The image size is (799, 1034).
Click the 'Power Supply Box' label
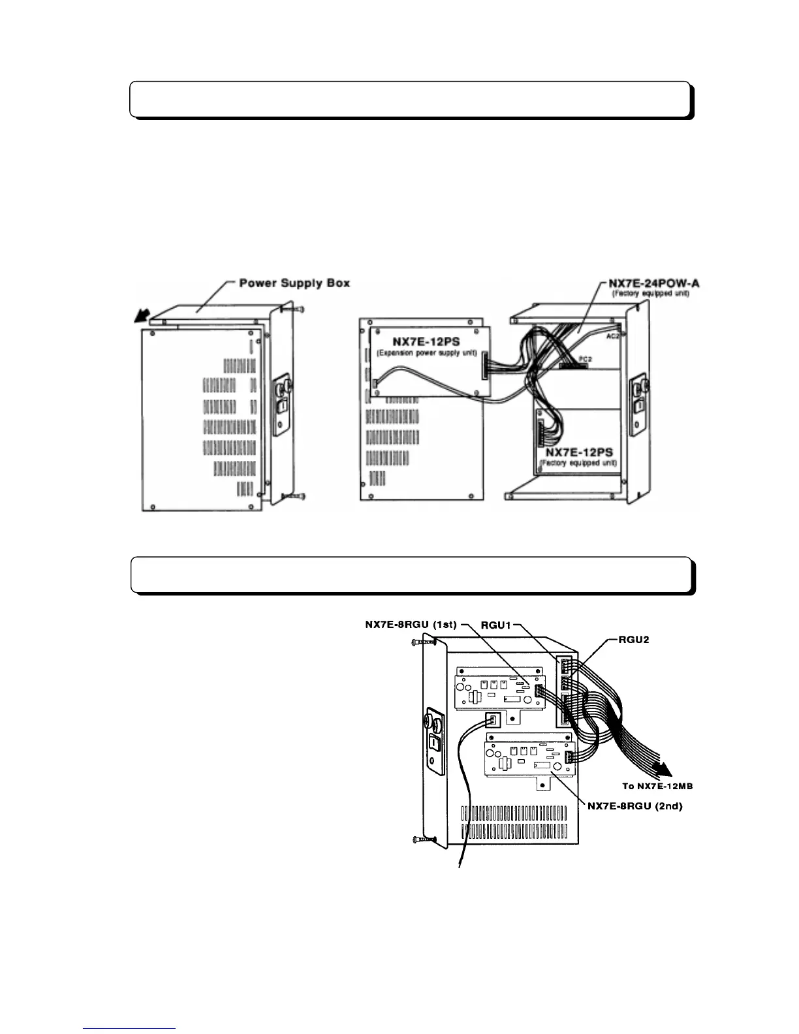pyautogui.click(x=294, y=283)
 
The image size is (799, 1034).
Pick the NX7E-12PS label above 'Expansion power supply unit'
pyautogui.click(x=425, y=341)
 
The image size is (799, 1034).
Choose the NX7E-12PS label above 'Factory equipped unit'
pyautogui.click(x=578, y=452)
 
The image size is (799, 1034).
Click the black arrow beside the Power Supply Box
pyautogui.click(x=138, y=317)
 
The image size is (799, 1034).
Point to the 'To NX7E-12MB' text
pyautogui.click(x=657, y=786)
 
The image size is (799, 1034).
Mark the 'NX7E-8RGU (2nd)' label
pyautogui.click(x=634, y=806)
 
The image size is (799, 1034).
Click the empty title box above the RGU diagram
pyautogui.click(x=411, y=574)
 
